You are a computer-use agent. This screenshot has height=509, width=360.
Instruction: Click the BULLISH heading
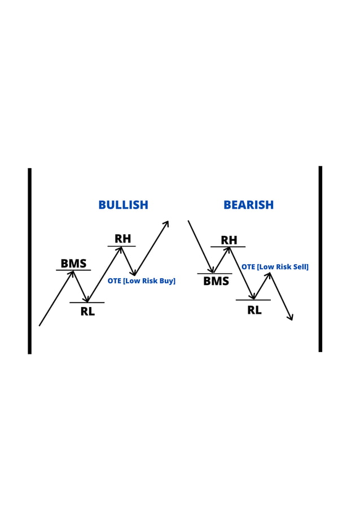coord(123,205)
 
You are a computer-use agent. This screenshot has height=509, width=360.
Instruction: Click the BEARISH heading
coord(248,205)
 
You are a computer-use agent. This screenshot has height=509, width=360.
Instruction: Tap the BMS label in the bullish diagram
coord(73,264)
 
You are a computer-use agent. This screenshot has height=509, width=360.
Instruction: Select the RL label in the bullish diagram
coord(87,311)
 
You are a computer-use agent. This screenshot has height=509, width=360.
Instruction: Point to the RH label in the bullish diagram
coord(122,239)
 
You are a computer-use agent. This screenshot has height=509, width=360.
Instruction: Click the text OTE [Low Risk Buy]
coord(141,280)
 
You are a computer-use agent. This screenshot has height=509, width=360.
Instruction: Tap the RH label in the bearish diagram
coord(229,240)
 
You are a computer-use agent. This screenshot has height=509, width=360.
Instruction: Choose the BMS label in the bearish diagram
coord(216,281)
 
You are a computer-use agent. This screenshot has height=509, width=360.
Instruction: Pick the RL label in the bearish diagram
coord(254,310)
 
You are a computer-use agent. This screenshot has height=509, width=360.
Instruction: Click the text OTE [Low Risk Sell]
coord(275,267)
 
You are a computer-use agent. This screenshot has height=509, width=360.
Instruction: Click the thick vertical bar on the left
coord(29,261)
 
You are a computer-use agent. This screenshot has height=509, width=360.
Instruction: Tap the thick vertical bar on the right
coord(320,259)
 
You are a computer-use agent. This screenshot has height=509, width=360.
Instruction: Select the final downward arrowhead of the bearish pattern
coord(291,318)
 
